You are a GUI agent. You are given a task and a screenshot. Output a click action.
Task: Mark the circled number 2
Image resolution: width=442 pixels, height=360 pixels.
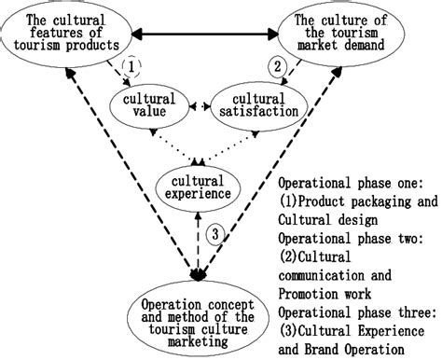coord(277,65)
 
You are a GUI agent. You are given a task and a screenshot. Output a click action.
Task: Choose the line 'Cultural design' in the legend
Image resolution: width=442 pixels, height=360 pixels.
coord(326,219)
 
